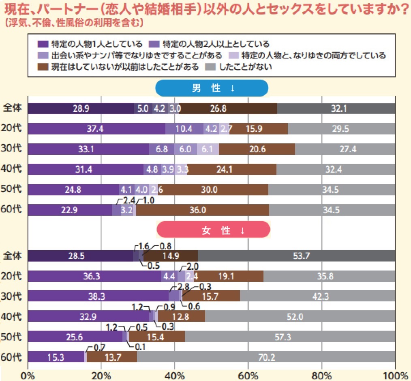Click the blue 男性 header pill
(x=212, y=88)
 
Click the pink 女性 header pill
(x=213, y=230)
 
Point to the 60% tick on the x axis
(x=248, y=374)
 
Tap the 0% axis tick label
(x=28, y=374)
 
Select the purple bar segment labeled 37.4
(x=97, y=129)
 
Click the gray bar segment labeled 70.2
(x=266, y=357)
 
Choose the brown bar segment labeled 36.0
(x=202, y=210)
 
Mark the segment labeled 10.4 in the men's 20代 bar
(x=184, y=129)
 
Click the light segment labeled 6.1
(x=208, y=149)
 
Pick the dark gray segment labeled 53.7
(x=296, y=256)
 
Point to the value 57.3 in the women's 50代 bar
(x=290, y=336)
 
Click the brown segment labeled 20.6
(x=257, y=149)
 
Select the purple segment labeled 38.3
(x=98, y=296)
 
